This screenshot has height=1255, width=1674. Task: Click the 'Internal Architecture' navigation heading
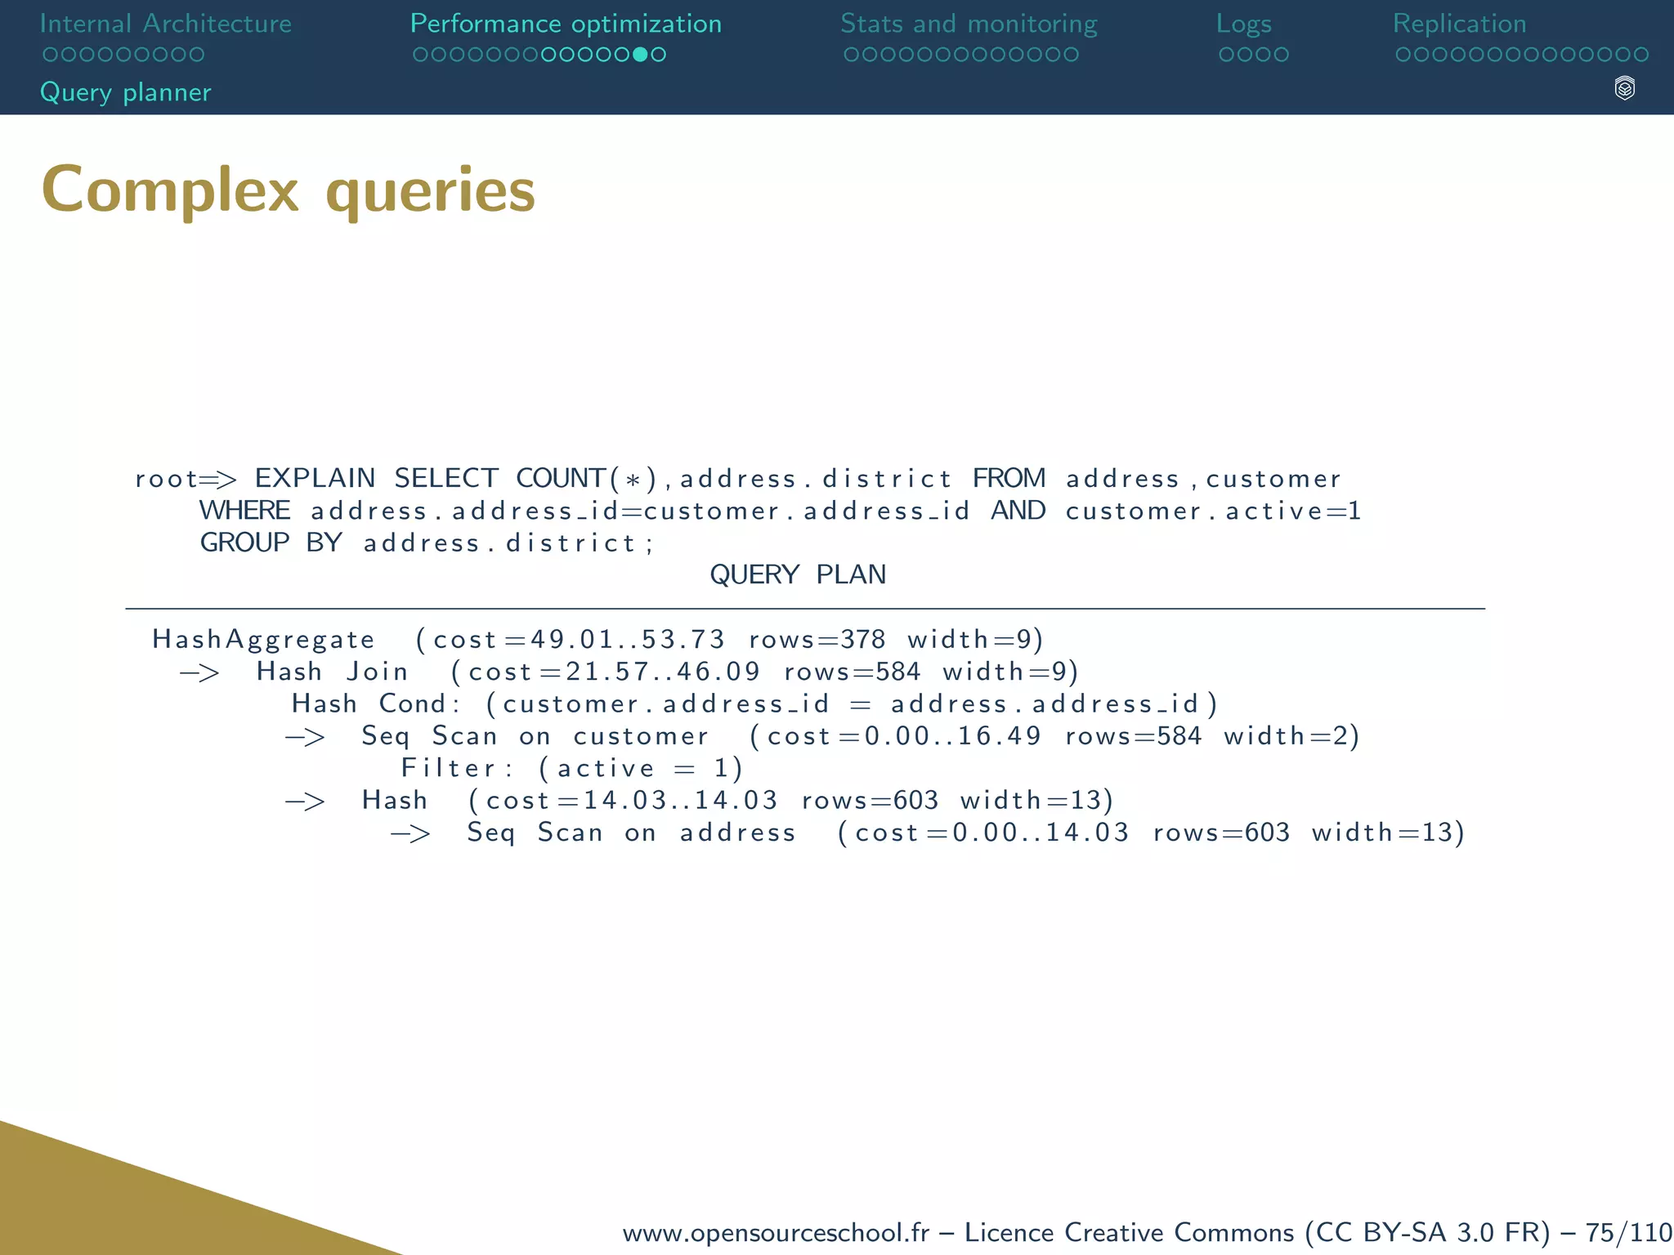point(165,24)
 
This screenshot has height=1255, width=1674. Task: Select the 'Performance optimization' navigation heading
point(566,24)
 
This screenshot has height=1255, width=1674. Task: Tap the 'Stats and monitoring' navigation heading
point(969,24)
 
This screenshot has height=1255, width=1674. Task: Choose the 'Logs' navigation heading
point(1243,24)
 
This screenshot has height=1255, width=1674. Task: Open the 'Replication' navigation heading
point(1459,24)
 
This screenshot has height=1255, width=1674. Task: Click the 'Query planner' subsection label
point(126,92)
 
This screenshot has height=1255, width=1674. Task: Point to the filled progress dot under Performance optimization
point(641,55)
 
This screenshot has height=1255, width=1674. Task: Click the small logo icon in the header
point(1624,88)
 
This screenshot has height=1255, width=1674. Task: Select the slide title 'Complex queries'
point(289,190)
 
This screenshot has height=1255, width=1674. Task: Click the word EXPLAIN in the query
point(315,478)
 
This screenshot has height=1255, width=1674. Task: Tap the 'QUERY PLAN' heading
point(798,575)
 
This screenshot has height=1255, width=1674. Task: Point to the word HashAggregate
point(263,639)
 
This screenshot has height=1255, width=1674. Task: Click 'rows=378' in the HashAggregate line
point(817,639)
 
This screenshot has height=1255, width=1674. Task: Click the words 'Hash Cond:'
point(376,703)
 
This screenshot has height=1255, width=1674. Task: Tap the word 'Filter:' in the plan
point(457,768)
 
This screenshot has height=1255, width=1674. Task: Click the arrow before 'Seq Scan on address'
point(410,833)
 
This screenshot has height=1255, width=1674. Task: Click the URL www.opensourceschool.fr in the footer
point(776,1232)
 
